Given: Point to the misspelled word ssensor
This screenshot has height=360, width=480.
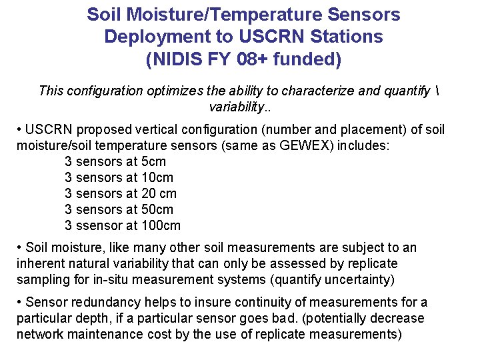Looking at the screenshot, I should (99, 225).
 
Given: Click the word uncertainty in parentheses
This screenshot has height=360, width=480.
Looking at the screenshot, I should (357, 279).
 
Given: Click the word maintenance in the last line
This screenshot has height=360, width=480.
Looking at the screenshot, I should (101, 334).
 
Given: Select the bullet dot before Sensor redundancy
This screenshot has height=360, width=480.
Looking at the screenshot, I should (19, 303).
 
